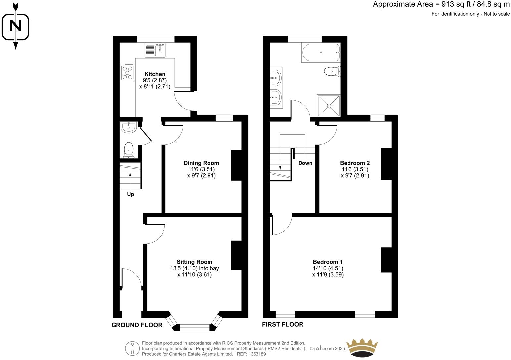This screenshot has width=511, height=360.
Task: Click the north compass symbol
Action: coord(15,26)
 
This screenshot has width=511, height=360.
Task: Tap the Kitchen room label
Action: coord(155,74)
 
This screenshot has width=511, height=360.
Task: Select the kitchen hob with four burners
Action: coord(127,72)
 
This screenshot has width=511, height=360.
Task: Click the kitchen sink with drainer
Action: coord(155,50)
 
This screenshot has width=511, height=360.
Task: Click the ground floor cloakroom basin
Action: coord(128,127)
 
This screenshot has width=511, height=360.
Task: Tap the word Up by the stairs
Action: coord(131,194)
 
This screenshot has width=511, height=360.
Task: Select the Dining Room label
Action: coord(201,163)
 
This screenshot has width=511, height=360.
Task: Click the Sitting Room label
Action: coord(194,262)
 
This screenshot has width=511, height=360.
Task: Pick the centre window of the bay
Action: coord(195,328)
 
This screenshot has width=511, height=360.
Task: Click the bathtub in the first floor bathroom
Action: coord(320,53)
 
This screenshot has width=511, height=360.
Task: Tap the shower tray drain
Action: coord(329,106)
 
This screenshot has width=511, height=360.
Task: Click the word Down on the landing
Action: coord(305,163)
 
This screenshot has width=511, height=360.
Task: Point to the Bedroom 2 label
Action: coord(355,163)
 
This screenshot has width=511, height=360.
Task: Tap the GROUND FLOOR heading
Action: coord(137,325)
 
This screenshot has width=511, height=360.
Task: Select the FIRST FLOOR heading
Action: coord(283,324)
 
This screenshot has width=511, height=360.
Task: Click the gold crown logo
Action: coord(361,348)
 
